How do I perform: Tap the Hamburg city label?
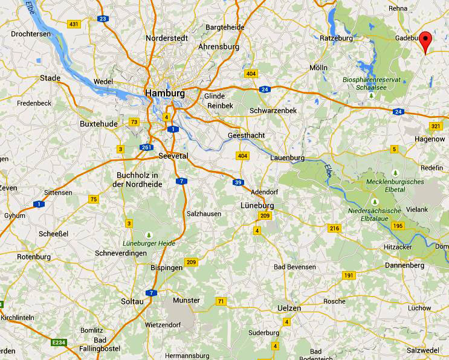(165, 94)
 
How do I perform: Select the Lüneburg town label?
(257, 205)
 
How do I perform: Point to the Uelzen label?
(289, 308)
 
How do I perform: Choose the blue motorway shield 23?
(103, 19)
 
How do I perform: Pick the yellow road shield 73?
(134, 122)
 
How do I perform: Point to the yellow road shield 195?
(397, 225)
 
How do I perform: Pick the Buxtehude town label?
(98, 123)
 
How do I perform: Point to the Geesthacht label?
(246, 135)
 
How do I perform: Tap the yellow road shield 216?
(334, 228)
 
